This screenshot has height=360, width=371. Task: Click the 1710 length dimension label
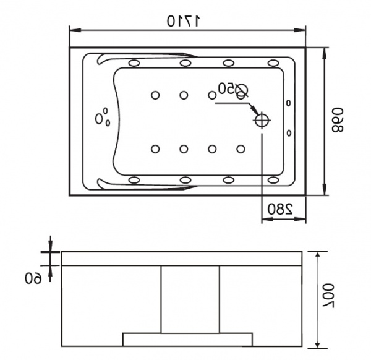click(184, 21)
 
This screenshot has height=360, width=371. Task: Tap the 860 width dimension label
click(337, 120)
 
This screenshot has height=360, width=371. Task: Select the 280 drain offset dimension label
click(280, 208)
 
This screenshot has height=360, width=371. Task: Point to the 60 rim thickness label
click(33, 278)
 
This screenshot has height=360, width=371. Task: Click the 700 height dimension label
click(328, 296)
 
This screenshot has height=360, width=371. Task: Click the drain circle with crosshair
click(262, 120)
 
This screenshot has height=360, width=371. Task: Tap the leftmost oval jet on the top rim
click(134, 63)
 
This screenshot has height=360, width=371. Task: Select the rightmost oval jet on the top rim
click(273, 63)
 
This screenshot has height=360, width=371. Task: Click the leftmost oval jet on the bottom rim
click(134, 180)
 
